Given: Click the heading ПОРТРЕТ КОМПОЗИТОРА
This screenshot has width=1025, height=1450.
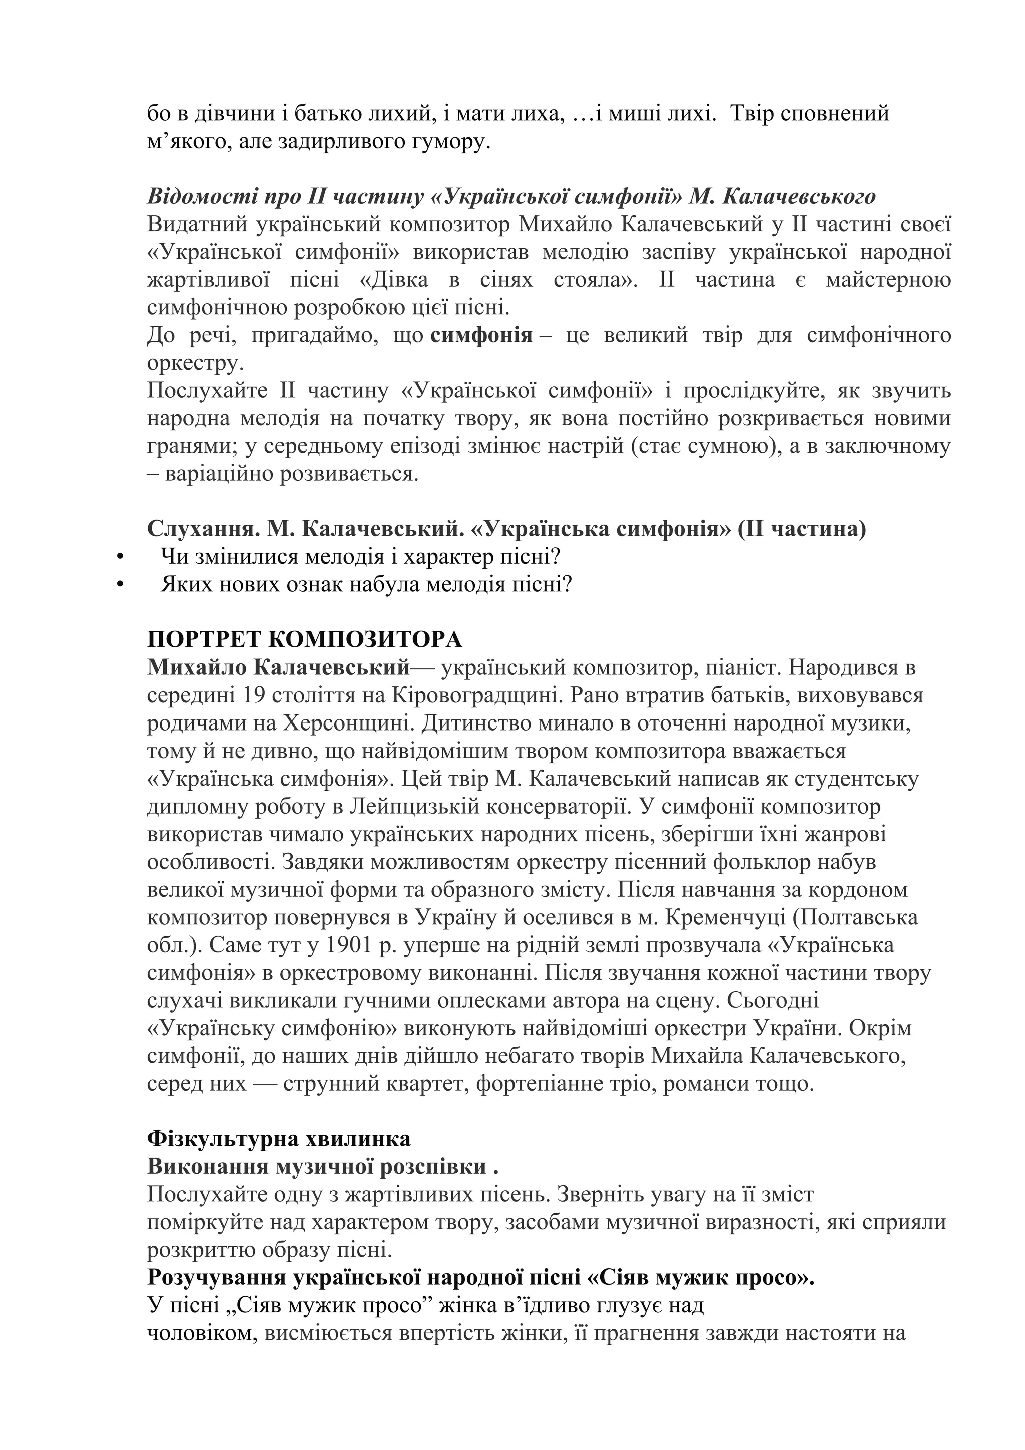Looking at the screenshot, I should [304, 640].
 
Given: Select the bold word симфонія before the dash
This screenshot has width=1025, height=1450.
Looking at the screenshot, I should [481, 334].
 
